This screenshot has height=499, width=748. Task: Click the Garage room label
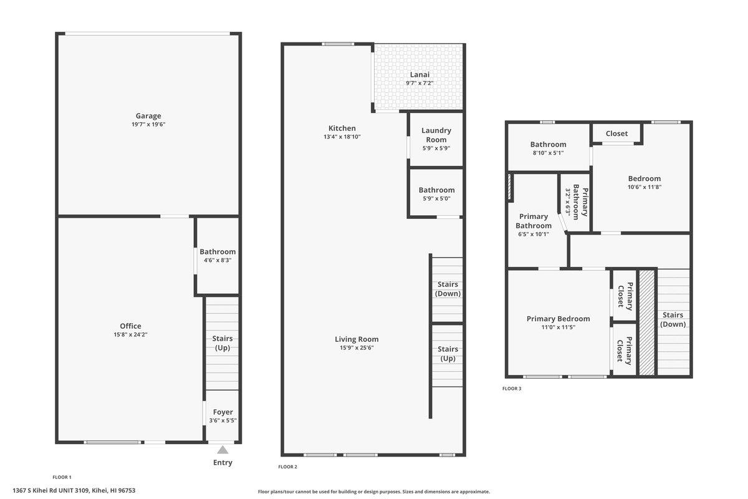tap(148, 115)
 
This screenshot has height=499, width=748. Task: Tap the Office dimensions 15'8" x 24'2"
tap(130, 334)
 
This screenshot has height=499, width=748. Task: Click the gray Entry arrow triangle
tap(223, 450)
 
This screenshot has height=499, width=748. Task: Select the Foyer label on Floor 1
tap(223, 412)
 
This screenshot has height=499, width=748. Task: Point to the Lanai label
tap(420, 74)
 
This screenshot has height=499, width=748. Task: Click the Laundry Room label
tap(436, 135)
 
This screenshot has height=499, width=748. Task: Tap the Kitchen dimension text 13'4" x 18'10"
tap(342, 137)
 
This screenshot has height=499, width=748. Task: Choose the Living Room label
tap(357, 339)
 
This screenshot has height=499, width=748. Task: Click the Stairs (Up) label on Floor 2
tap(448, 354)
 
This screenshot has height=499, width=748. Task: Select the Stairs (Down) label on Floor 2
tap(448, 289)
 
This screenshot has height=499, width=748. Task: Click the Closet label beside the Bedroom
tap(616, 133)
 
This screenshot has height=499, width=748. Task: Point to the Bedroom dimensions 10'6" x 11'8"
tap(644, 187)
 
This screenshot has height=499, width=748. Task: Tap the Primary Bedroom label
tap(558, 319)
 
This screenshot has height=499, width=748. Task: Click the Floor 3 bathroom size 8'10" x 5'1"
tap(548, 153)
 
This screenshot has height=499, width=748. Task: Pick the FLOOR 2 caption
tap(287, 467)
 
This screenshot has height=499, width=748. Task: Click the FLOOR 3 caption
tap(512, 389)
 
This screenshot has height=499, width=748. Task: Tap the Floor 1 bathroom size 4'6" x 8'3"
tap(218, 260)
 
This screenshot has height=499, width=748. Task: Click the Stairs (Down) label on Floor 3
tap(673, 319)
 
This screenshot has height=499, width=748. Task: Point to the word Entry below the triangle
tap(223, 463)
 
